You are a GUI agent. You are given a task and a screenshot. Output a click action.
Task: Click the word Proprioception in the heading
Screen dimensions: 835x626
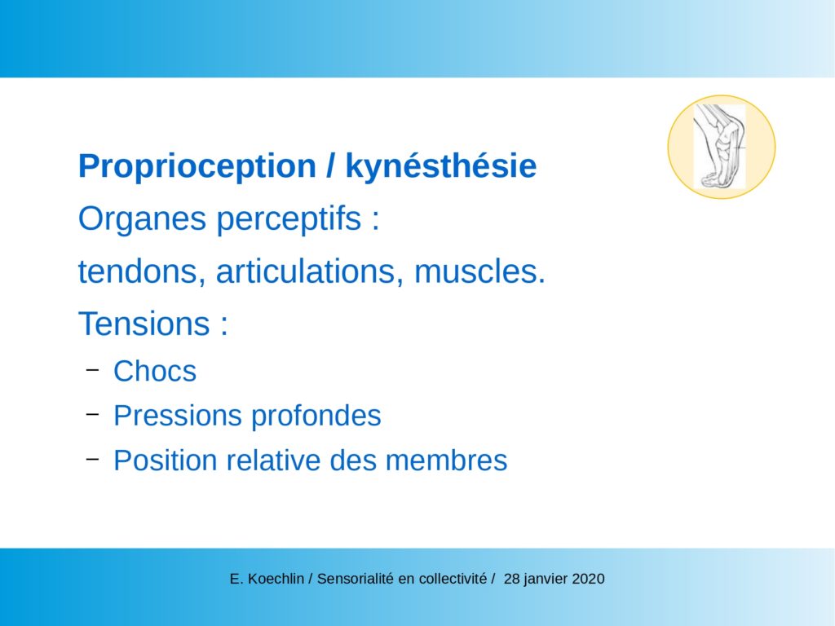click(197, 167)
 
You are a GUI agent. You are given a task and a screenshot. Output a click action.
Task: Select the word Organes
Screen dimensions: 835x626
click(142, 219)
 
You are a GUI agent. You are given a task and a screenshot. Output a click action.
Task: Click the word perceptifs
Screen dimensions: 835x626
click(289, 219)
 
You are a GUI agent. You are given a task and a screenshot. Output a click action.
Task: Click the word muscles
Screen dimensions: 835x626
click(479, 271)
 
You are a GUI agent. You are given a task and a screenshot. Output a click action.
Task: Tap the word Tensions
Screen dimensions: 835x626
click(144, 324)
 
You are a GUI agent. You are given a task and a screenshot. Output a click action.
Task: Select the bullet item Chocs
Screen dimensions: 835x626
click(155, 371)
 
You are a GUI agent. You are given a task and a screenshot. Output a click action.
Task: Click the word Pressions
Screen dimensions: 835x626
click(178, 416)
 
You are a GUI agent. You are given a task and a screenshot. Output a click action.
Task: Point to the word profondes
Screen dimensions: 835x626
click(316, 416)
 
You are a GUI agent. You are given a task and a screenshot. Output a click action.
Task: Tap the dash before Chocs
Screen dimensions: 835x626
click(93, 369)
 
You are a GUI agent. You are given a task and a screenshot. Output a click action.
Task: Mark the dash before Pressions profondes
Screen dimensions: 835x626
click(93, 413)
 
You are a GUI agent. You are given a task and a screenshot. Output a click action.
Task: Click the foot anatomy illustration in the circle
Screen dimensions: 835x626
click(720, 147)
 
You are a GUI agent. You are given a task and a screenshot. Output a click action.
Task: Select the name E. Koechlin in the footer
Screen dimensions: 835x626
click(267, 579)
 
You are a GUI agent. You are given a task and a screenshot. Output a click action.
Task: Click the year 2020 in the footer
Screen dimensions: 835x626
click(588, 579)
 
